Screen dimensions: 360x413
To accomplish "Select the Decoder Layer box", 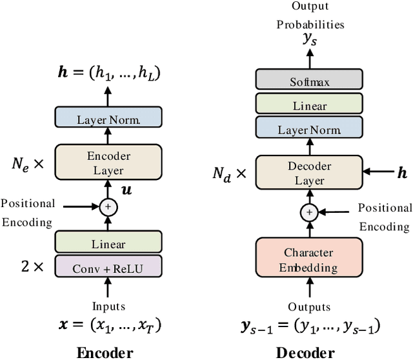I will click(x=309, y=172).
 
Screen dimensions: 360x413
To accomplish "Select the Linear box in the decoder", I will click(x=309, y=105).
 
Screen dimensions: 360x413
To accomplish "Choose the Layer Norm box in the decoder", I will click(x=309, y=129).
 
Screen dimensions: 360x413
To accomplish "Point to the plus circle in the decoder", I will click(x=309, y=212).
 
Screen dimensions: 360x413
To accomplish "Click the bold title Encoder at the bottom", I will click(x=105, y=352).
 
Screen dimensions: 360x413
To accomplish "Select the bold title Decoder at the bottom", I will click(x=305, y=352).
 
